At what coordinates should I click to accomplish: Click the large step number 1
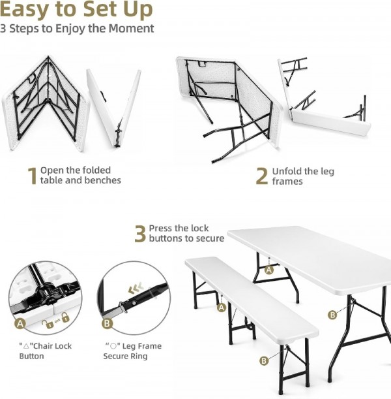coord(32,176)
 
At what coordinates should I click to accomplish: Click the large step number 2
coord(262,176)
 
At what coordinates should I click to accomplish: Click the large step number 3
coord(140,234)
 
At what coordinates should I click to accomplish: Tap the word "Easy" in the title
coord(25,10)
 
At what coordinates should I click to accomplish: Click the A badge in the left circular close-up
coord(20,324)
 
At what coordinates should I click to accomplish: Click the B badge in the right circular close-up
coord(107,323)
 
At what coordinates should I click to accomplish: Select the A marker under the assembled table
coord(269,270)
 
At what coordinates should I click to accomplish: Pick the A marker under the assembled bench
coord(222,308)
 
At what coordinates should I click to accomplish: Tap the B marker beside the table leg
coord(332,315)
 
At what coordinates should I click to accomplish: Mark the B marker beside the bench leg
coord(264,360)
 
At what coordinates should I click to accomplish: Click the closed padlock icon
coord(65,317)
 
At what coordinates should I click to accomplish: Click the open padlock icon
coord(48,324)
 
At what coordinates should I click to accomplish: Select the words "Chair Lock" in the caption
coord(53,346)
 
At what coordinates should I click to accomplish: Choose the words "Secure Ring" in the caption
coord(125,356)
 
